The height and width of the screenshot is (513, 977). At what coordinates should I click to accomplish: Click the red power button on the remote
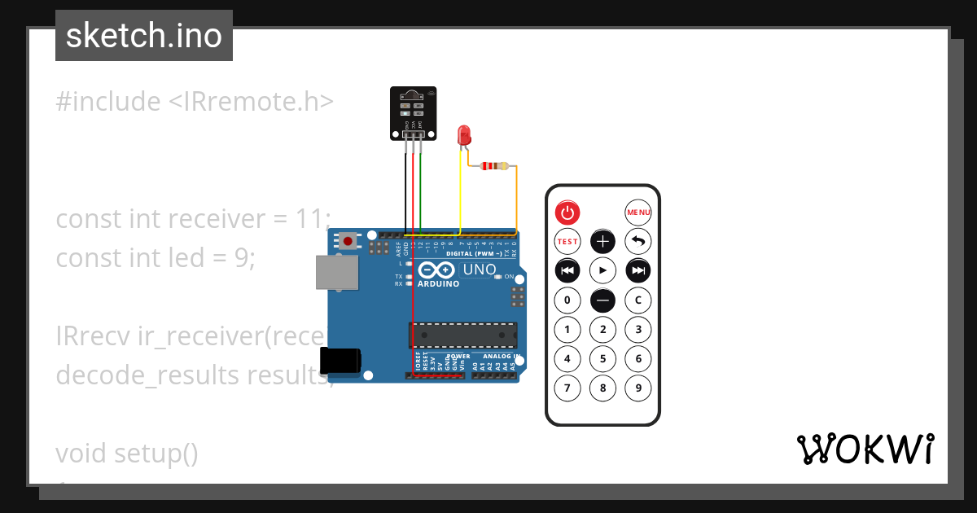pos(567,213)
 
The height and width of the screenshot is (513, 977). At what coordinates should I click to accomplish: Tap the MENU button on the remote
pos(638,213)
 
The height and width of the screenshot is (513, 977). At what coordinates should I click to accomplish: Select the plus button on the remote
pos(602,241)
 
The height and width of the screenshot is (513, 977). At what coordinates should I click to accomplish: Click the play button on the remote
pos(602,270)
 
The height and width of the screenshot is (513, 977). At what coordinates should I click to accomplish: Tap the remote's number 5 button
pos(602,358)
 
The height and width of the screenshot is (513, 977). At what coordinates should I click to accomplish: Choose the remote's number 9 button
pos(638,388)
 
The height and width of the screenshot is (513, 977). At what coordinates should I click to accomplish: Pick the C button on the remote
pos(638,300)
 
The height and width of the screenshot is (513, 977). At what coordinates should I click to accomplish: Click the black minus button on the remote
pos(602,300)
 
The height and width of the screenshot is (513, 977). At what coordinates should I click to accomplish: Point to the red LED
pos(464,135)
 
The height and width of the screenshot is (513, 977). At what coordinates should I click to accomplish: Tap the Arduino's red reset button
pos(348,240)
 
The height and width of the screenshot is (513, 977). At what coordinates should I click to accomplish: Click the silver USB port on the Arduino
pos(335,272)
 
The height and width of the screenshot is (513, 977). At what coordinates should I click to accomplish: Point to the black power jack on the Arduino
pos(340,360)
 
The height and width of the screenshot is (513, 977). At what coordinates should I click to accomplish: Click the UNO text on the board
pos(480,270)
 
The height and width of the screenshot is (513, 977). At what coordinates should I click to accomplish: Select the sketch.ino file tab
pos(144,36)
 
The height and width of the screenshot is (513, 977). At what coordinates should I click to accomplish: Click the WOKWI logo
pos(865,449)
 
